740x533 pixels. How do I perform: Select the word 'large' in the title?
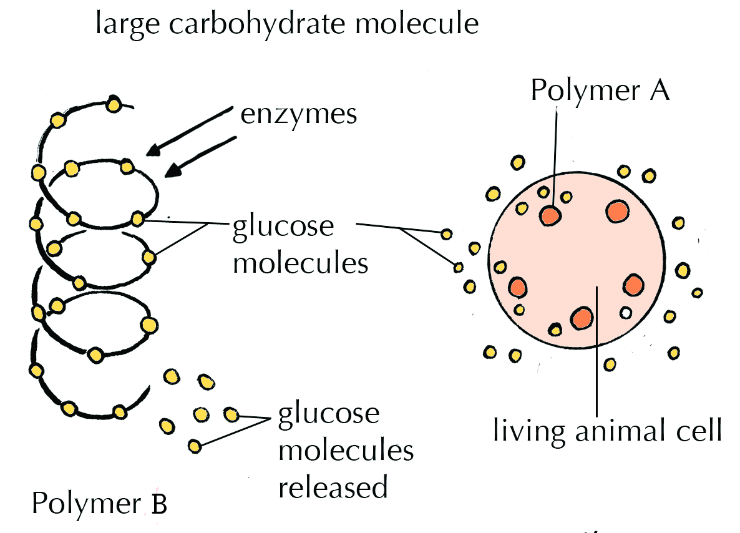point(121,26)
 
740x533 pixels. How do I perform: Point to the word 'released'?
point(333,486)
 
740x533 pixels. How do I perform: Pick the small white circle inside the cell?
point(626,312)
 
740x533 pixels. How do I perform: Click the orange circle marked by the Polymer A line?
point(550,215)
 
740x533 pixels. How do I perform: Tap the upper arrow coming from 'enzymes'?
point(190,130)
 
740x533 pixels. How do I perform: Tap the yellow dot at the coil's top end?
point(113,104)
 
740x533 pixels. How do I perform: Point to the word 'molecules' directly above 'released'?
point(346,451)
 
